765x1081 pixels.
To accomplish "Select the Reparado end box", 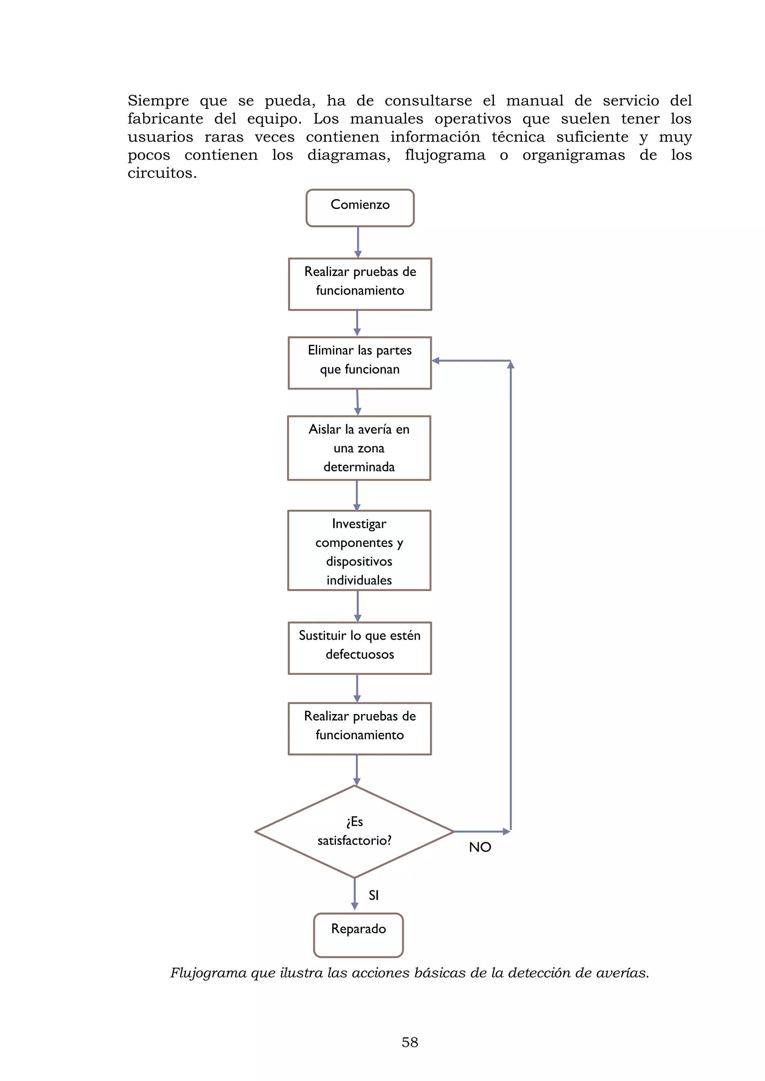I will pyautogui.click(x=359, y=935).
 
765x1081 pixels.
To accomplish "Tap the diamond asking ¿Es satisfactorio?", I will pyautogui.click(x=354, y=831).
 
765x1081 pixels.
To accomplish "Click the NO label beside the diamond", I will pyautogui.click(x=480, y=847).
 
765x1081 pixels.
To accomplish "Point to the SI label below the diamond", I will pyautogui.click(x=374, y=895).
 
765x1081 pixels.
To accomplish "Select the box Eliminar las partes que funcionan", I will pyautogui.click(x=360, y=362).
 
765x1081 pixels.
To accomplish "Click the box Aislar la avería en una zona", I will pyautogui.click(x=359, y=448).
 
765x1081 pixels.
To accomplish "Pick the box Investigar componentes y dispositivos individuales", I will pyautogui.click(x=359, y=550).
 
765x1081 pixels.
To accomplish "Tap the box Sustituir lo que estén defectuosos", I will pyautogui.click(x=360, y=648).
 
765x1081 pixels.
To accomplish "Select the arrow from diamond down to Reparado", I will pyautogui.click(x=355, y=894).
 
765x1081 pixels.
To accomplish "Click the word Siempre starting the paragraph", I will pyautogui.click(x=158, y=101).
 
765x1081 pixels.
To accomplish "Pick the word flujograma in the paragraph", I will pyautogui.click(x=445, y=155).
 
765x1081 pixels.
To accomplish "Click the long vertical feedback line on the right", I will pyautogui.click(x=511, y=589).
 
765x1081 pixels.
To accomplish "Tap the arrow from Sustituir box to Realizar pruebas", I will pyautogui.click(x=357, y=688).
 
